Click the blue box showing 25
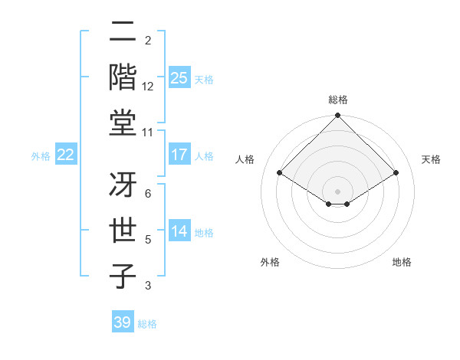(x=179, y=78)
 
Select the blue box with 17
(x=179, y=155)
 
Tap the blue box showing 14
(x=179, y=231)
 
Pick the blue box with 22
(x=65, y=155)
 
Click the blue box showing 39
(x=122, y=322)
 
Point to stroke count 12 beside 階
(x=148, y=87)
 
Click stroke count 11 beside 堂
(x=148, y=133)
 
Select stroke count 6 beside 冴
(x=148, y=195)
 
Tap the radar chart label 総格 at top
(x=337, y=100)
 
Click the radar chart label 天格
(x=432, y=159)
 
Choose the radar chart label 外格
(x=270, y=262)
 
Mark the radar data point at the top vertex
(x=337, y=116)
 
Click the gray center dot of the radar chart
(x=337, y=190)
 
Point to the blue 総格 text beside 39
(x=148, y=324)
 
